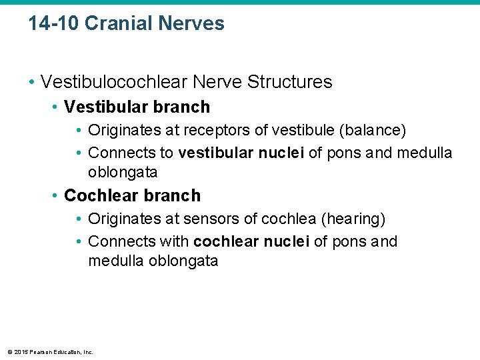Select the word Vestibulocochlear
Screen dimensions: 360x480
click(117, 82)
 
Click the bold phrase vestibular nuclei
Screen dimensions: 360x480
click(241, 153)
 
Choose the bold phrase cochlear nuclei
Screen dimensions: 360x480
click(251, 241)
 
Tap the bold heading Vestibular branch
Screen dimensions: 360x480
click(137, 107)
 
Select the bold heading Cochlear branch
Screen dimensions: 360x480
click(132, 195)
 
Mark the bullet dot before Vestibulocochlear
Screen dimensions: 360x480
click(32, 83)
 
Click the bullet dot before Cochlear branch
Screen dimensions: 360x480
click(55, 196)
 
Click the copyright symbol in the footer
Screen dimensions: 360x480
click(8, 351)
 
